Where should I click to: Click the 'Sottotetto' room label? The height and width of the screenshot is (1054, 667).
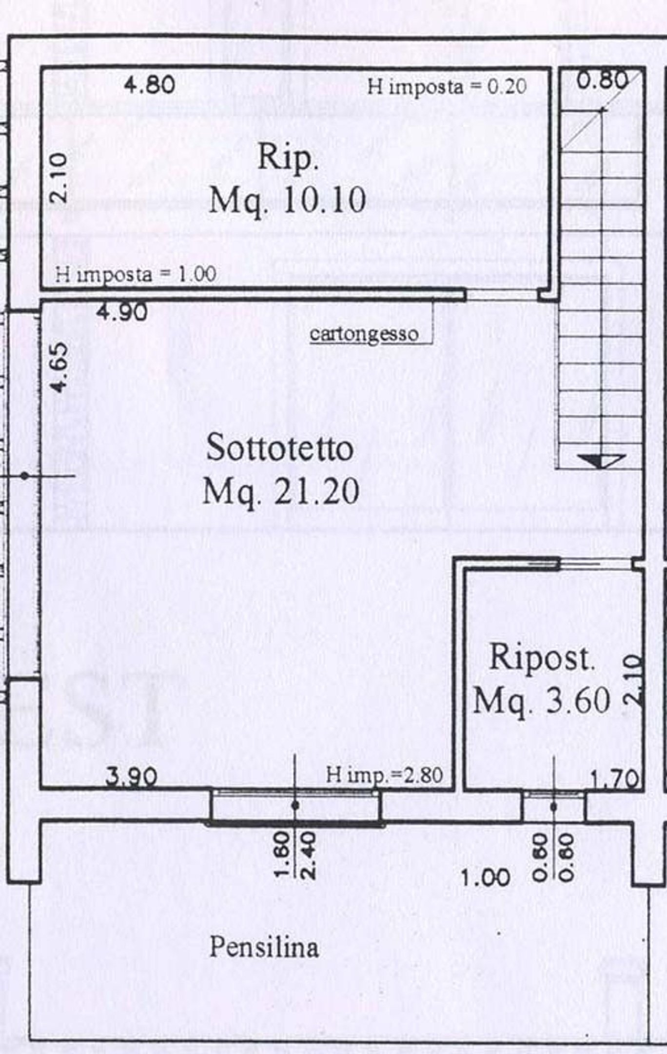click(x=280, y=448)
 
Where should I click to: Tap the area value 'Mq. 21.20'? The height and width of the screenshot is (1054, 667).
click(x=281, y=492)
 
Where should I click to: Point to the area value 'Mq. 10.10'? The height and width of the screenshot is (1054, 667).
click(x=287, y=200)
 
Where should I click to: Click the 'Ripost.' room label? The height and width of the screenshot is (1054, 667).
click(x=542, y=658)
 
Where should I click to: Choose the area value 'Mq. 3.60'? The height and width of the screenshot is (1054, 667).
click(x=542, y=701)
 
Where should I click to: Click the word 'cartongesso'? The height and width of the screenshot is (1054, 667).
click(x=364, y=334)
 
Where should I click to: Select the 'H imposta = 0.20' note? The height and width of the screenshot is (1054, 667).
click(x=447, y=87)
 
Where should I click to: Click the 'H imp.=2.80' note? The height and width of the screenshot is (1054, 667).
click(x=384, y=775)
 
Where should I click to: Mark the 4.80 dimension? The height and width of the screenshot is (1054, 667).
click(x=149, y=85)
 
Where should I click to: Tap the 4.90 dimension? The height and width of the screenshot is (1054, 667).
click(x=121, y=312)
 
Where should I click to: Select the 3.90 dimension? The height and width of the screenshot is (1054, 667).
click(x=132, y=776)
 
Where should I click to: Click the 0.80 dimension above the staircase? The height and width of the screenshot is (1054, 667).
click(x=602, y=80)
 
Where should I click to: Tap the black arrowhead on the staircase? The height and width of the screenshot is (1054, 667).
click(x=601, y=461)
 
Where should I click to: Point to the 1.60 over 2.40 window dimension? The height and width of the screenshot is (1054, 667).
click(x=296, y=854)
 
